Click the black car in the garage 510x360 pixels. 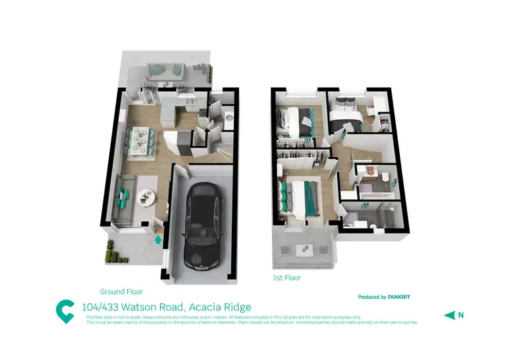point(202,227)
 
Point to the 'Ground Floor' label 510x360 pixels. point(122,289)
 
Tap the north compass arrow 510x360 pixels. point(449,314)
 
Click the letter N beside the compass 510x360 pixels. point(460,314)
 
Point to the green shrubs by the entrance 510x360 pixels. point(114,257)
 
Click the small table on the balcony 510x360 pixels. point(303,250)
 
